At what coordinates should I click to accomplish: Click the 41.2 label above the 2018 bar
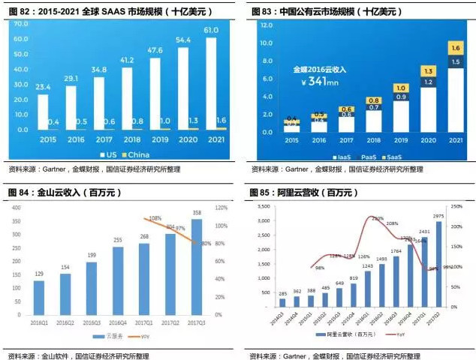pyautogui.click(x=128, y=60)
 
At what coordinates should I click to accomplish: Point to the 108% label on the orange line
pyautogui.click(x=156, y=218)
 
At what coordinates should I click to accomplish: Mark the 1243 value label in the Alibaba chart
pyautogui.click(x=367, y=265)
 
